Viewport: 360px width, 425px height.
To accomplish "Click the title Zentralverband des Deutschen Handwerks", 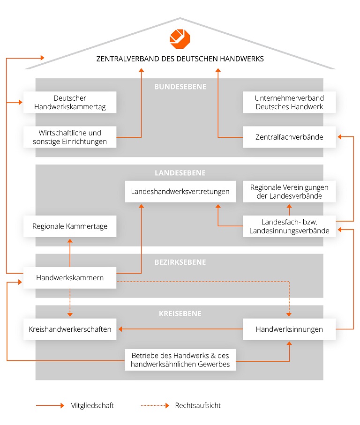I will click(x=180, y=59).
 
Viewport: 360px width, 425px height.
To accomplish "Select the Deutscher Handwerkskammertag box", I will click(x=70, y=102).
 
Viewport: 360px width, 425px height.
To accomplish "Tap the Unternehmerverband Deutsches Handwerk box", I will click(x=289, y=102).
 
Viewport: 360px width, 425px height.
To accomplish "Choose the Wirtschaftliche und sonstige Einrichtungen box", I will click(x=70, y=137).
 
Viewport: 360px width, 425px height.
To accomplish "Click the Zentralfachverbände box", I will click(x=289, y=137).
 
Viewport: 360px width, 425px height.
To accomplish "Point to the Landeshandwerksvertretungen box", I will click(x=180, y=191).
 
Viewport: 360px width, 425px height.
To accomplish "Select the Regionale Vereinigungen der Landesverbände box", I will click(x=289, y=191).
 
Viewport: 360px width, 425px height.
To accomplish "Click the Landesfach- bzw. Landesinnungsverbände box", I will click(x=289, y=226).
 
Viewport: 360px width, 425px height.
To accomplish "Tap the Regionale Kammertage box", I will click(x=70, y=226).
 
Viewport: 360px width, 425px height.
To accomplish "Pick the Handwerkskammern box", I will click(x=70, y=278).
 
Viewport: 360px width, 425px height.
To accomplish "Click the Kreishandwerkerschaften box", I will click(x=70, y=329).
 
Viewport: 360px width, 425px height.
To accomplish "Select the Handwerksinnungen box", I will click(x=289, y=329).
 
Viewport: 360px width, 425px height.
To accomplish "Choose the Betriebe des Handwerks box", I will click(x=180, y=359).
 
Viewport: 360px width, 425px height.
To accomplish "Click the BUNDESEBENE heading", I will click(x=180, y=87).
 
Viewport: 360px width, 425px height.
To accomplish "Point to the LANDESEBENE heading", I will click(x=180, y=173).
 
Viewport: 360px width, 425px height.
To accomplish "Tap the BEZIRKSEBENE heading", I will click(x=180, y=262).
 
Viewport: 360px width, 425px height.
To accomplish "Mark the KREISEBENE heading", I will click(x=180, y=313).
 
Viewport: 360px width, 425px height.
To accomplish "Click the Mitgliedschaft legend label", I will click(x=92, y=405).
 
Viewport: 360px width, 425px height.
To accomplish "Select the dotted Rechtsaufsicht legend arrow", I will click(x=154, y=405).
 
